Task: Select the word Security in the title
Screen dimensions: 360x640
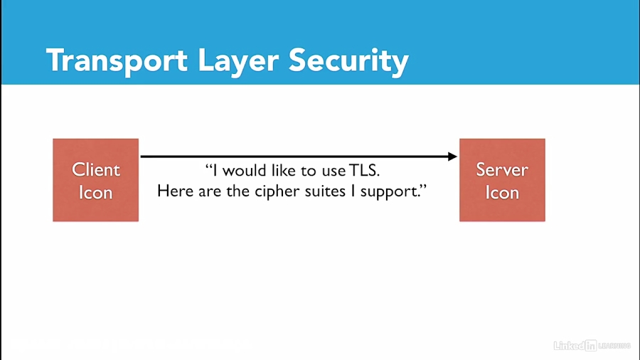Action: click(x=348, y=61)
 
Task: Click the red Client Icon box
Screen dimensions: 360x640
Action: click(x=95, y=180)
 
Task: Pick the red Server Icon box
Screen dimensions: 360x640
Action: click(x=502, y=180)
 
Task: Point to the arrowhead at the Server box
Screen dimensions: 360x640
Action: click(x=452, y=156)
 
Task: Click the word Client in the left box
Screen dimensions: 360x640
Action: click(x=95, y=169)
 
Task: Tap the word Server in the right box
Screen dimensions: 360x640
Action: click(x=502, y=169)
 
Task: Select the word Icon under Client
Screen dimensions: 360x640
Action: click(x=95, y=193)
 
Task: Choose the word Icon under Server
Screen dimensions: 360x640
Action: click(x=502, y=193)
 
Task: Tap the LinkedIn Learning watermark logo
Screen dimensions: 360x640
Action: click(x=592, y=346)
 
